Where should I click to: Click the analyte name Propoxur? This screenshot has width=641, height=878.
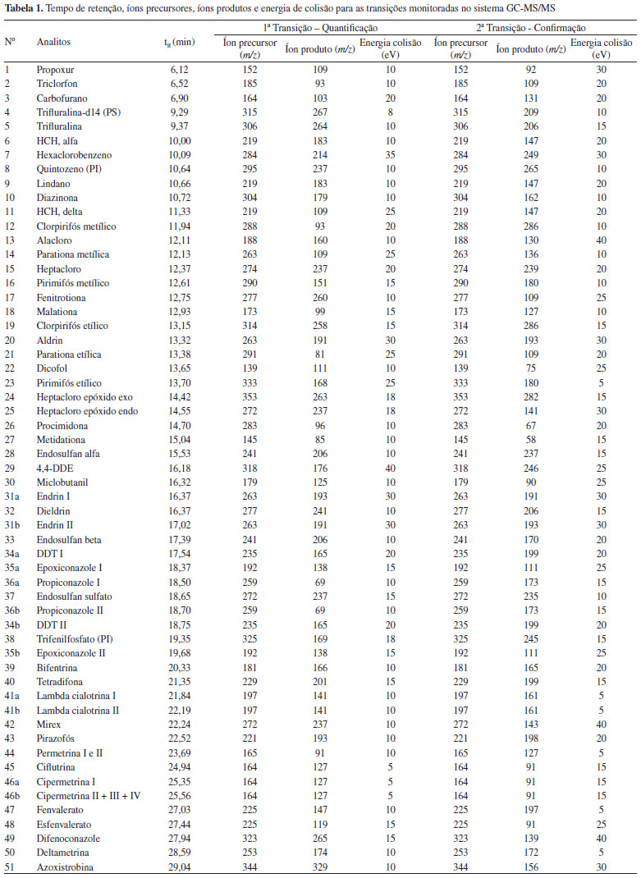tap(55, 71)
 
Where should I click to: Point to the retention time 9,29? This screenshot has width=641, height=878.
tap(178, 111)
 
